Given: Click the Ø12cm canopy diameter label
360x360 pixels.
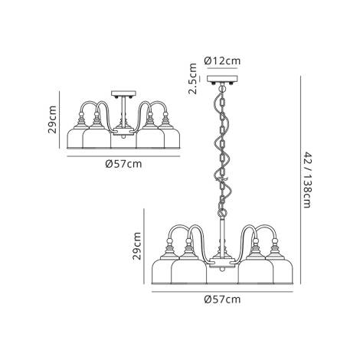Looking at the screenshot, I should point(224,61).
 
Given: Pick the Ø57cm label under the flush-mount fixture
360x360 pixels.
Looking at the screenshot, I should point(123,162).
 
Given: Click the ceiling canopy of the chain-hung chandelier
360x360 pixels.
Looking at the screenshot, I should point(224,80).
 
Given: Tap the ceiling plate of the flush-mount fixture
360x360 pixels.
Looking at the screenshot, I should point(123,94).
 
